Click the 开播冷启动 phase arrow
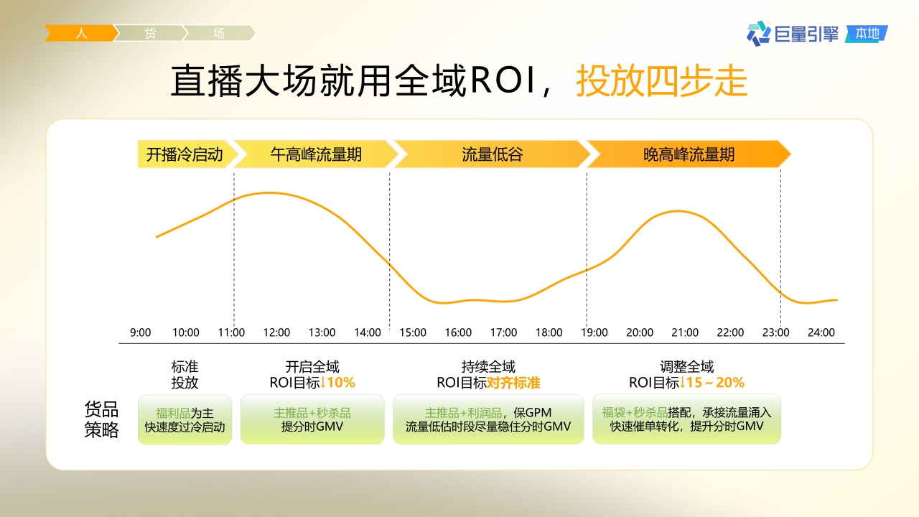[x=185, y=154]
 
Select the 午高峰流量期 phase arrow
[x=316, y=154]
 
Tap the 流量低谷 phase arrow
[x=492, y=154]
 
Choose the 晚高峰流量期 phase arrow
[x=689, y=154]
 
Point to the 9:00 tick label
[x=141, y=332]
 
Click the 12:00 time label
[x=276, y=332]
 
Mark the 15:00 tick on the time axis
[x=413, y=332]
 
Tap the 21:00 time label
[x=685, y=332]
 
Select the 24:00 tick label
[x=821, y=332]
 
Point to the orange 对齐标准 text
[x=513, y=383]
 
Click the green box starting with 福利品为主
[x=185, y=420]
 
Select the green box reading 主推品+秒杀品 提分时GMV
[x=312, y=420]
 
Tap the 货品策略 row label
[x=101, y=420]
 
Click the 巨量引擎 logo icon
[x=758, y=33]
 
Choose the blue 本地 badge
[x=867, y=34]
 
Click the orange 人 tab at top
[x=80, y=33]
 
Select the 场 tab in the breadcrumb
[x=218, y=33]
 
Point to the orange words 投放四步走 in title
[x=661, y=81]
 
